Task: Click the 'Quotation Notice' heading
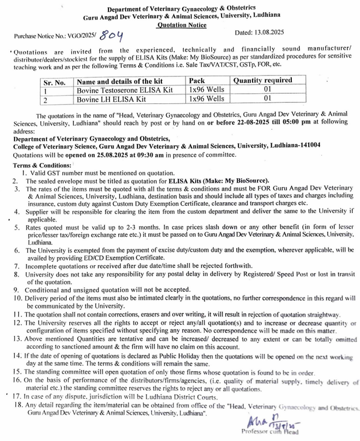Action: click(x=182, y=24)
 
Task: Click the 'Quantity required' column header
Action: click(x=263, y=80)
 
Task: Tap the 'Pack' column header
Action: click(x=197, y=81)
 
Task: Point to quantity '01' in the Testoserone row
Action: click(x=267, y=90)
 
